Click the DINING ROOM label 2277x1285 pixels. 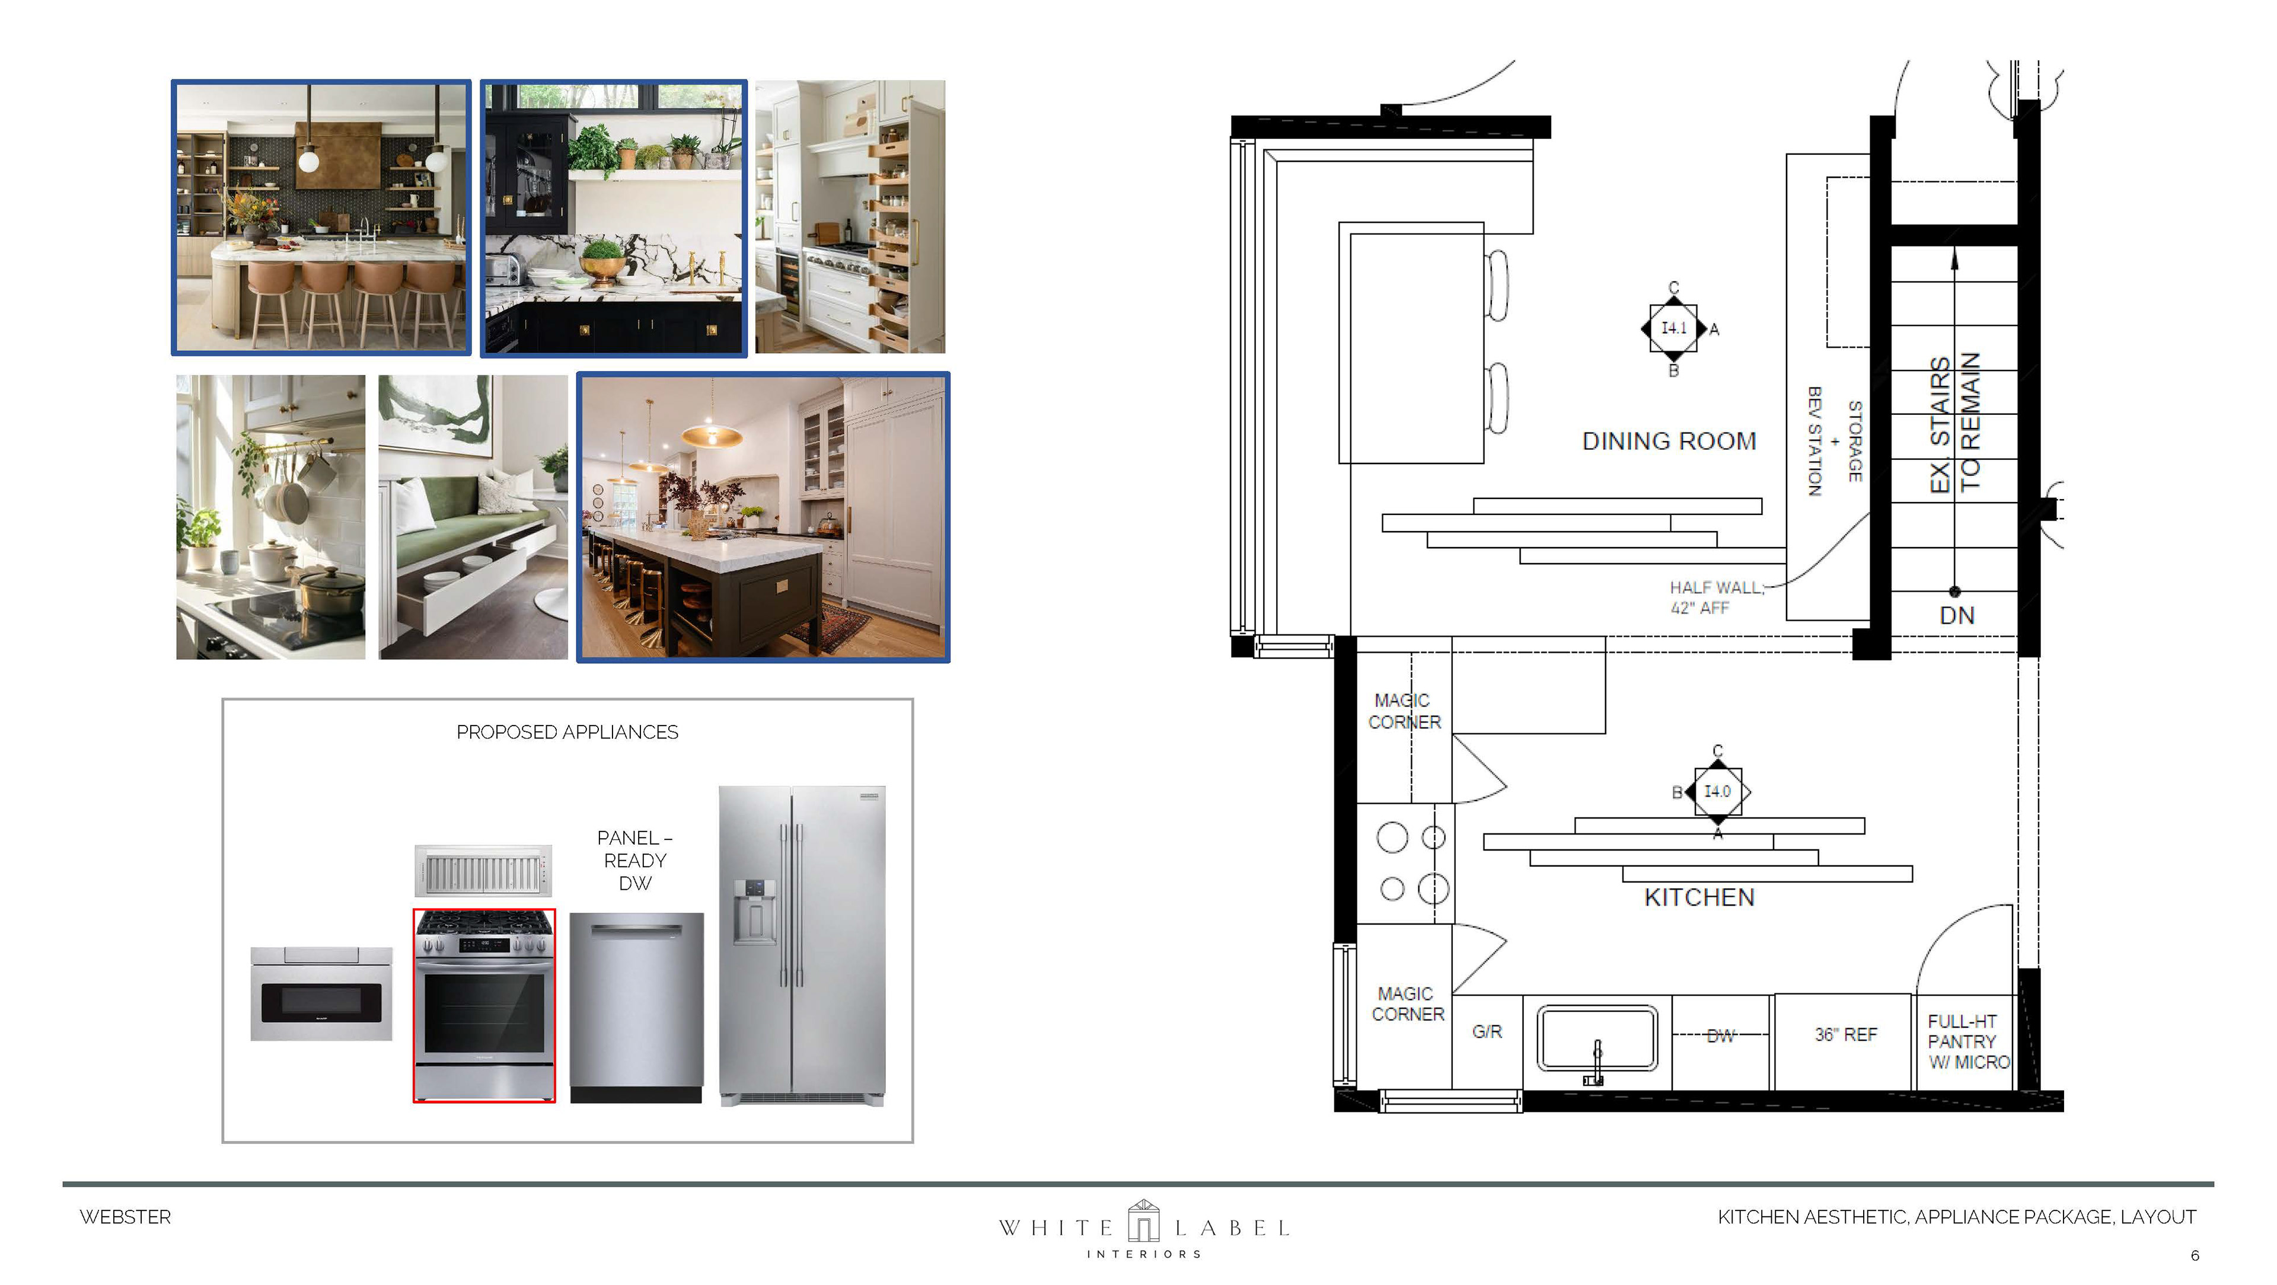pos(1669,441)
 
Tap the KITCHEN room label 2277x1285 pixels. pos(1699,898)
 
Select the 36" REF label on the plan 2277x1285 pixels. pos(1846,1034)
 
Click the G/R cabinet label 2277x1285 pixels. pos(1487,1031)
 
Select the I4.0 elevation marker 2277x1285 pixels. pos(1717,791)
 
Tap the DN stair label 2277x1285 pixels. pos(1957,615)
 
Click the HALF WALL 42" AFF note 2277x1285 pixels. pos(1715,597)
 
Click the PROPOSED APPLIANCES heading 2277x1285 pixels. pos(567,733)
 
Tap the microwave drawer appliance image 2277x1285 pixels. pos(322,994)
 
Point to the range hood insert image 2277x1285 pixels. pos(483,871)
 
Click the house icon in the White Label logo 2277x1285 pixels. pos(1143,1222)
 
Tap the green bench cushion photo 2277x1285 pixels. pos(474,517)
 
